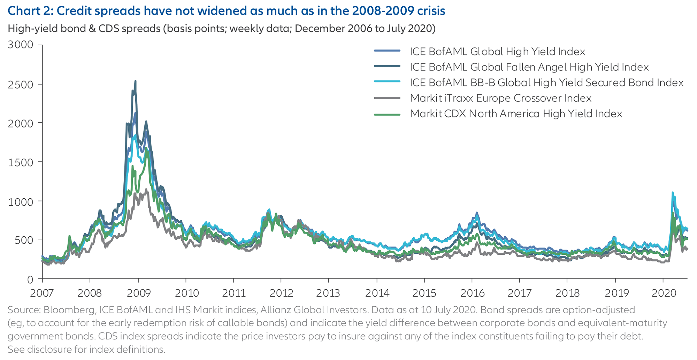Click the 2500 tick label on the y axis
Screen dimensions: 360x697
coord(20,84)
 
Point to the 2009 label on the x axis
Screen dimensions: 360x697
coord(138,293)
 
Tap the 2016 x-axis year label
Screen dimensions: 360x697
coord(472,293)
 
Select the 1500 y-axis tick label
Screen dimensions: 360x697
coord(20,162)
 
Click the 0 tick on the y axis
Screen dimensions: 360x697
coord(30,279)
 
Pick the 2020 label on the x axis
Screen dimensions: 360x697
coord(664,293)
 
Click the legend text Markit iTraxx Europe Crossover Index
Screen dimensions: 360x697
coord(500,98)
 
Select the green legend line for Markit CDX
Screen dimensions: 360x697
coord(387,114)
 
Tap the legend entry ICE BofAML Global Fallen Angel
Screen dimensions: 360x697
coord(529,67)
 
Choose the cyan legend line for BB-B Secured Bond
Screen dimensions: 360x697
coord(387,83)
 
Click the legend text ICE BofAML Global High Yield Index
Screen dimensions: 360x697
coord(497,52)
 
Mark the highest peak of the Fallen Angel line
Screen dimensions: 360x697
coord(135,81)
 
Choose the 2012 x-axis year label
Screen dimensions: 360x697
coord(281,293)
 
